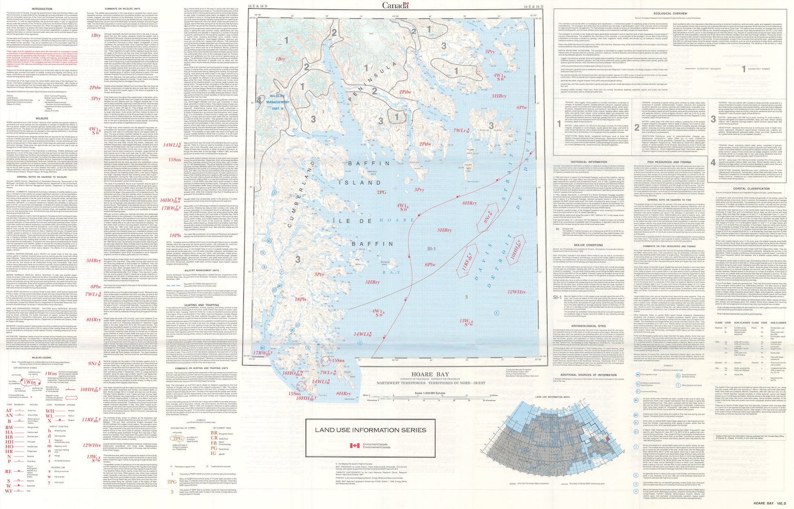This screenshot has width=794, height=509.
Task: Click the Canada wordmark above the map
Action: pos(395,5)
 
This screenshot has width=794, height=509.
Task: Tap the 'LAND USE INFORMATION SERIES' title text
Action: pos(370,430)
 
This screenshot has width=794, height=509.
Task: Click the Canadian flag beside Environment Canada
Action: pos(355,445)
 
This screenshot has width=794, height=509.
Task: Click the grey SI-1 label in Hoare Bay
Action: pos(431,248)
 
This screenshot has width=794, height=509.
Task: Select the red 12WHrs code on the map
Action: pos(516,292)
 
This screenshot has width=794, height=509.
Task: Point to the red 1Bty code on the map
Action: pos(280,59)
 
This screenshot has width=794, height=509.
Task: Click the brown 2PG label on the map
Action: pos(381,192)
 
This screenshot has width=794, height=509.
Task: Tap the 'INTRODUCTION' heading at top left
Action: pos(42,9)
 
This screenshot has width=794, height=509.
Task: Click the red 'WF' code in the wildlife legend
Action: pos(9,491)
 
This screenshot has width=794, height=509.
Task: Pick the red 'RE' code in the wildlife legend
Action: pos(9,472)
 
